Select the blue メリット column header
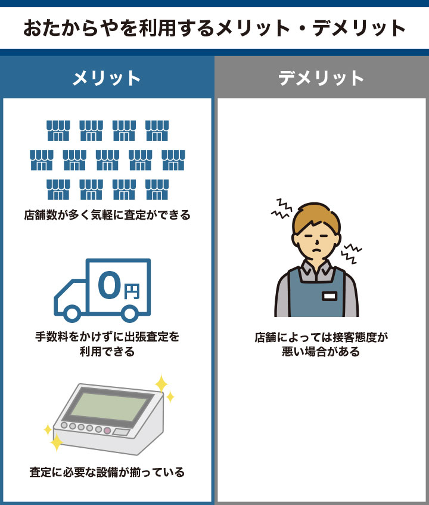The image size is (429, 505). point(107,78)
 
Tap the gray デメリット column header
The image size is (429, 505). point(321,78)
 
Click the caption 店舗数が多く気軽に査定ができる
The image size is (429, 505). point(107,215)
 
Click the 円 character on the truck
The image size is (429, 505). point(132,291)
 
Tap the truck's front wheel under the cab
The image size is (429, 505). point(73,313)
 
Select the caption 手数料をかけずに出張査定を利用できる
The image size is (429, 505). point(107,344)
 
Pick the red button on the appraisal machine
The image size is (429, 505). point(107,430)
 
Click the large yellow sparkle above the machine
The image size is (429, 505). point(161,382)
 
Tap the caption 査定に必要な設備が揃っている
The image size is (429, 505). point(107,472)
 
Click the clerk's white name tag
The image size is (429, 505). point(329,295)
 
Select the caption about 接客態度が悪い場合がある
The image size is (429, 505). point(321,344)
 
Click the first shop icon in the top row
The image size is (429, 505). point(58,130)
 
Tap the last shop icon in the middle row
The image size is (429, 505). point(173,159)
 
